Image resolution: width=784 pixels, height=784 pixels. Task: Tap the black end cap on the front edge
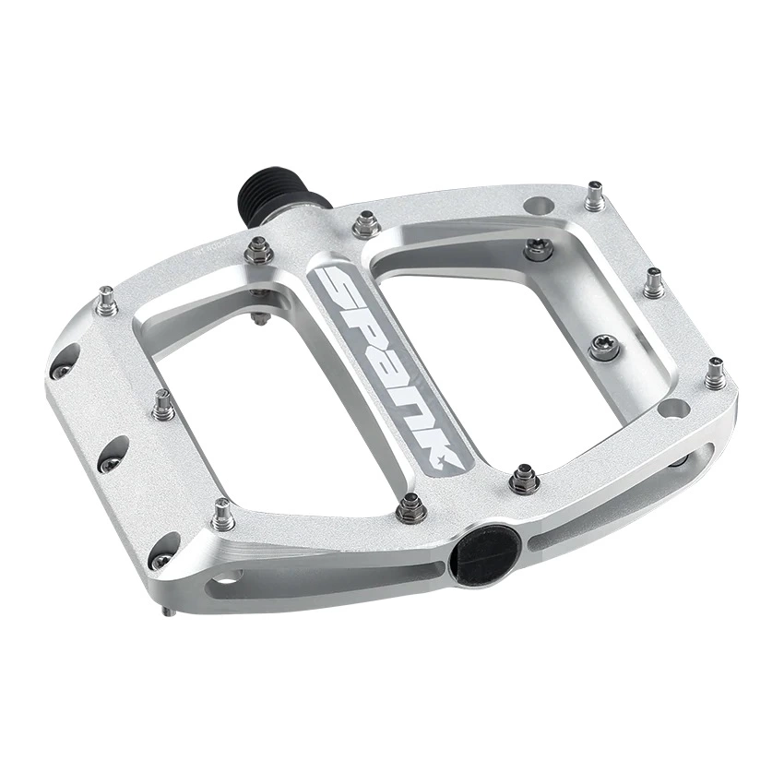pyautogui.click(x=484, y=552)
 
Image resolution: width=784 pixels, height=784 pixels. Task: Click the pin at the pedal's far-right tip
pyautogui.click(x=714, y=374)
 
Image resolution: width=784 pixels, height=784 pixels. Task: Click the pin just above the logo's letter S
pyautogui.click(x=366, y=223)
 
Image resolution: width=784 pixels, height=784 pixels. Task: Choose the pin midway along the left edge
pyautogui.click(x=163, y=405)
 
